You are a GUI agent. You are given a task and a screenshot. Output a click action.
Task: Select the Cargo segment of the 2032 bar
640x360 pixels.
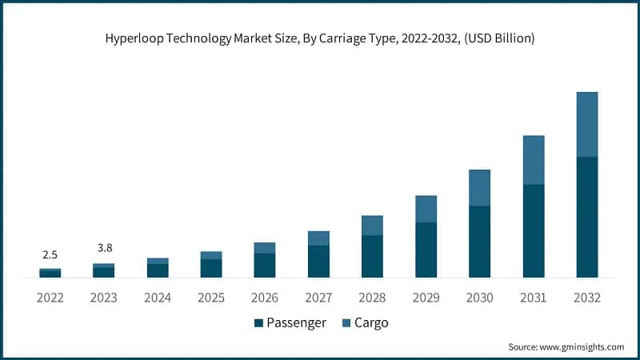pos(586,124)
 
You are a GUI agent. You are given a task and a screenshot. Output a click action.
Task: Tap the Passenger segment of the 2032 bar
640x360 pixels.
pos(586,217)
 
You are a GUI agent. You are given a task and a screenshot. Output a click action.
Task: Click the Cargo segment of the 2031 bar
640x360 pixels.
pos(533,160)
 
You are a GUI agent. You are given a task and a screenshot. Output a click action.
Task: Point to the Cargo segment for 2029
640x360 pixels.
pos(426,209)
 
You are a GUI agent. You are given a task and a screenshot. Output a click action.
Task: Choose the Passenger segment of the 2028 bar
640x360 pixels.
pos(372,257)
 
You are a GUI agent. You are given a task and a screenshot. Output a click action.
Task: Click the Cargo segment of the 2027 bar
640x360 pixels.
pos(318,238)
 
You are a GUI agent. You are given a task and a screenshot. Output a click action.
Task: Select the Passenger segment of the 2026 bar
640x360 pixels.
pos(264,266)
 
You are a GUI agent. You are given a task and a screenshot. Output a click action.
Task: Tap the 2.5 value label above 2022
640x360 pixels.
pos(50,254)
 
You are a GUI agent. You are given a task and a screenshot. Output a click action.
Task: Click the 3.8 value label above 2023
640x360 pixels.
pos(103,248)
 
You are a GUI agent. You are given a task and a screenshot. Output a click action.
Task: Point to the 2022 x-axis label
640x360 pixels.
pos(50,298)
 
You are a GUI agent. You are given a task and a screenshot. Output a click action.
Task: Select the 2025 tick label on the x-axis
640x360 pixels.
pos(210,298)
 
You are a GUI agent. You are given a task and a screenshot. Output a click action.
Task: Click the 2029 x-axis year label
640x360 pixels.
pos(426,298)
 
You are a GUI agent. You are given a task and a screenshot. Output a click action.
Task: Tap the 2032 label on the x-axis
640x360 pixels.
pos(586,298)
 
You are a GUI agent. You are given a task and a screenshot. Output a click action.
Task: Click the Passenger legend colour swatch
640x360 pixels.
pos(258,323)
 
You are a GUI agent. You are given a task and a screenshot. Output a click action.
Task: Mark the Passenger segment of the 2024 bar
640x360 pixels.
pos(158,270)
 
